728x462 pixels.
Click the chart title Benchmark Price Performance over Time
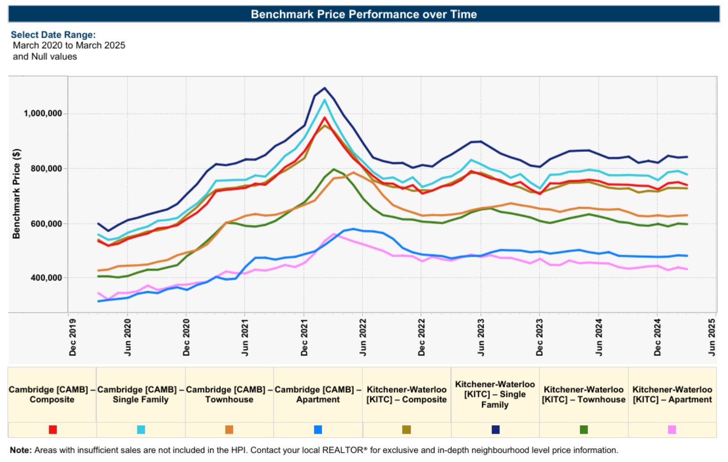[x=364, y=14]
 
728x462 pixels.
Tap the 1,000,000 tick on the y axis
[x=43, y=114]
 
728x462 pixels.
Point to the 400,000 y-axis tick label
[x=46, y=278]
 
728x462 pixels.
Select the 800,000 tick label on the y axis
[x=46, y=168]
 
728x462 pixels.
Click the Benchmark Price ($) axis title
[x=16, y=193]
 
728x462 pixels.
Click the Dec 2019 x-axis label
[x=72, y=337]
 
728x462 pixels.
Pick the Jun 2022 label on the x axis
[x=363, y=337]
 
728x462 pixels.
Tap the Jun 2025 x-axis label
[x=712, y=337]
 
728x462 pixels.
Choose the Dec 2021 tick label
[x=304, y=337]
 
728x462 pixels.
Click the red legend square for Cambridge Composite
[x=53, y=430]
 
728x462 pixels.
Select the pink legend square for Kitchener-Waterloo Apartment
[x=672, y=430]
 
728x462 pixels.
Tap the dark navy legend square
[x=495, y=430]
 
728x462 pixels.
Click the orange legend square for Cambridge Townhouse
[x=229, y=430]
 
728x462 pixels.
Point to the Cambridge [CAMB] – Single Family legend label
[x=140, y=394]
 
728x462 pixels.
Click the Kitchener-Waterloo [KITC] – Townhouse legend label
[x=584, y=394]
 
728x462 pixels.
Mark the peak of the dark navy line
[x=325, y=88]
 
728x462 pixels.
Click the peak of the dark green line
[x=334, y=169]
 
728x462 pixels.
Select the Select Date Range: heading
[x=53, y=35]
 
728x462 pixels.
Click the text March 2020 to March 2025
[x=69, y=45]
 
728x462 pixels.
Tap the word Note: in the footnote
[x=21, y=450]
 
